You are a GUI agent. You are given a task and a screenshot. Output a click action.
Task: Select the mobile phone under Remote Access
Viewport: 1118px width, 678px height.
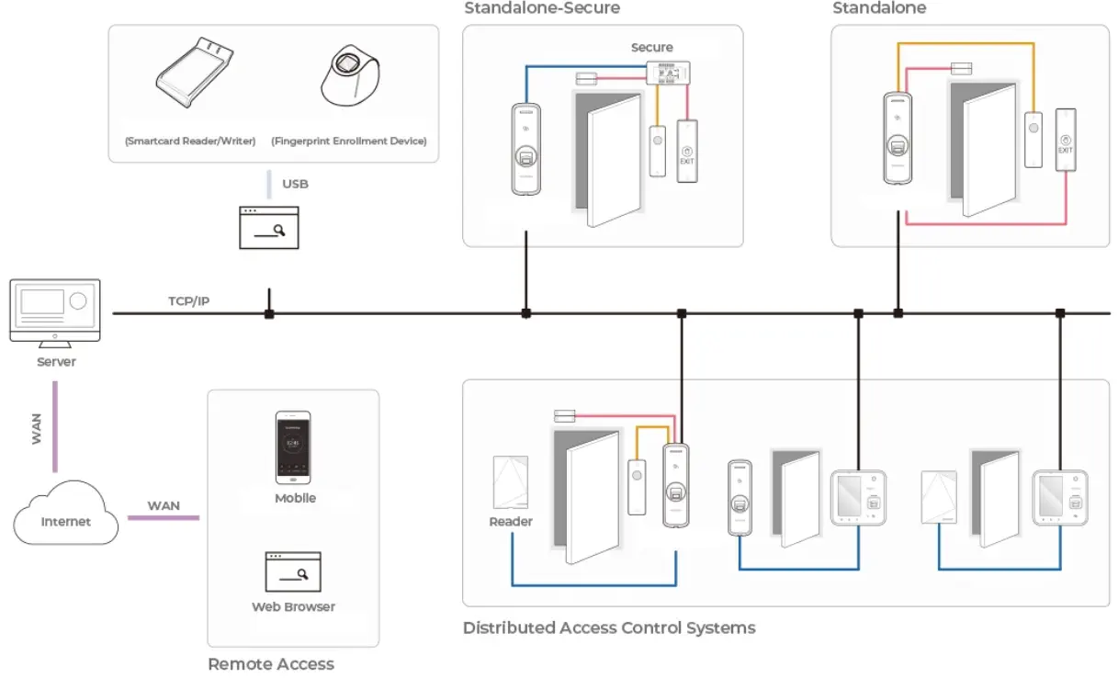coord(294,448)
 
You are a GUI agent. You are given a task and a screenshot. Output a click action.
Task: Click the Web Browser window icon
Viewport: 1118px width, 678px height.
coord(293,571)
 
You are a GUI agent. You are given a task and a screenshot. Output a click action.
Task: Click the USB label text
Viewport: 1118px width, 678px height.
coord(295,184)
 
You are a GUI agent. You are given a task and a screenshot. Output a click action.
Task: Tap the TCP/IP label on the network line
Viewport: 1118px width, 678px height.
coord(188,300)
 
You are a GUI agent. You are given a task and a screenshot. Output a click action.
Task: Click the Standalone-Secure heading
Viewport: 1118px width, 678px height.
coord(542,8)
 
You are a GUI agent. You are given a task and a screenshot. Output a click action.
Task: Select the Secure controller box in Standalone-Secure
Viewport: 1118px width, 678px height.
coord(669,73)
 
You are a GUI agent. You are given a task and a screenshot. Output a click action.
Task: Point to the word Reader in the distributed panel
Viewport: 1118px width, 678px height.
coord(511,522)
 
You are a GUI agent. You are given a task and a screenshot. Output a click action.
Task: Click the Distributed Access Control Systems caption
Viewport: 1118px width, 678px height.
coord(609,628)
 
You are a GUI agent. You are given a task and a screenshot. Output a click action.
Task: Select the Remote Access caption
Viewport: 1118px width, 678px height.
coord(271,663)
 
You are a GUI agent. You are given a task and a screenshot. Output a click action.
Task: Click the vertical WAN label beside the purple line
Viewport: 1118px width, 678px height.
coord(37,429)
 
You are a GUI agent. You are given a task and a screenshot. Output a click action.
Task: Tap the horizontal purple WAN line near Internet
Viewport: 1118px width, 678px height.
coord(163,518)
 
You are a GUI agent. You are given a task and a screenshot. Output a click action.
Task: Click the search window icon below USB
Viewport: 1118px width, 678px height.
coord(269,228)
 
